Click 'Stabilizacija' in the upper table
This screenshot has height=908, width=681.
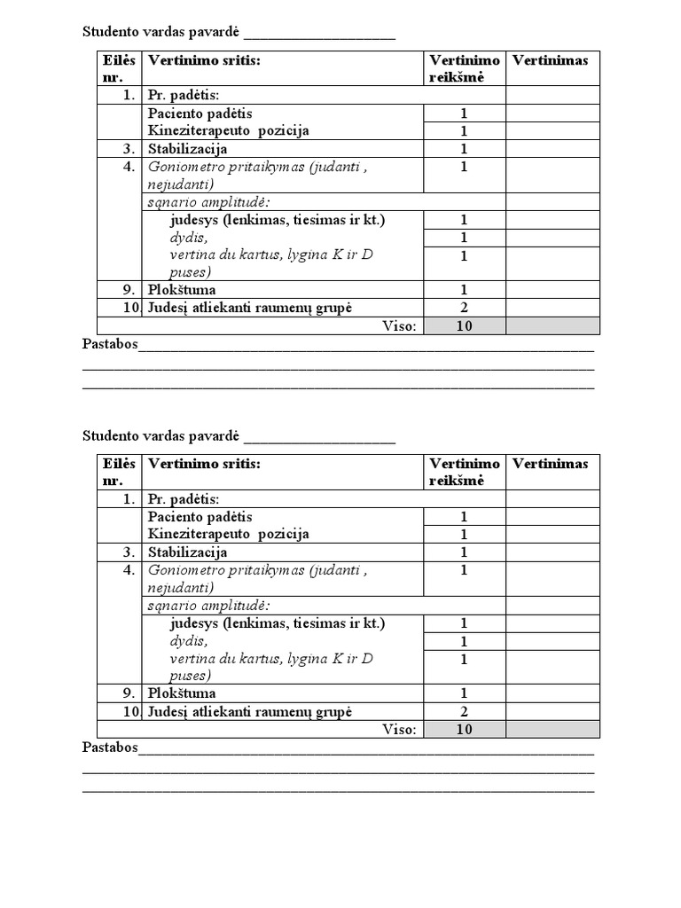pos(188,149)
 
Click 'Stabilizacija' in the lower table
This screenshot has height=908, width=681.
pos(188,552)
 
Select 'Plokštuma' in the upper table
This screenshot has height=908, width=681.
pos(182,290)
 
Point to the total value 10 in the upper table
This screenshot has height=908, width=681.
pos(464,326)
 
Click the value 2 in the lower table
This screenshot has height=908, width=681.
pos(464,711)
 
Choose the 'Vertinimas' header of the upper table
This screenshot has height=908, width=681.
pos(550,60)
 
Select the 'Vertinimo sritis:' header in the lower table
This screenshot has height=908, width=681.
pos(205,464)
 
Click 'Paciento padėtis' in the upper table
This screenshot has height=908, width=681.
pos(200,113)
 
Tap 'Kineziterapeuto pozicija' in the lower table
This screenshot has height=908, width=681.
pos(229,534)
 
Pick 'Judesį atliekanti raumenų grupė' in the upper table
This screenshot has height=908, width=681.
pos(250,308)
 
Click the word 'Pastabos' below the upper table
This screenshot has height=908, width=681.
pos(110,344)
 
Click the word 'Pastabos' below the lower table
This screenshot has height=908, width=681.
pos(110,748)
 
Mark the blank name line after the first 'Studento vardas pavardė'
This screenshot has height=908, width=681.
pos(319,35)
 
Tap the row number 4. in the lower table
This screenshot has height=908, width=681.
pos(129,570)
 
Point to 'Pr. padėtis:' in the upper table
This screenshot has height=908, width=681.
pos(184,96)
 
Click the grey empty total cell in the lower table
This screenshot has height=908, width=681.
pos(552,729)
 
